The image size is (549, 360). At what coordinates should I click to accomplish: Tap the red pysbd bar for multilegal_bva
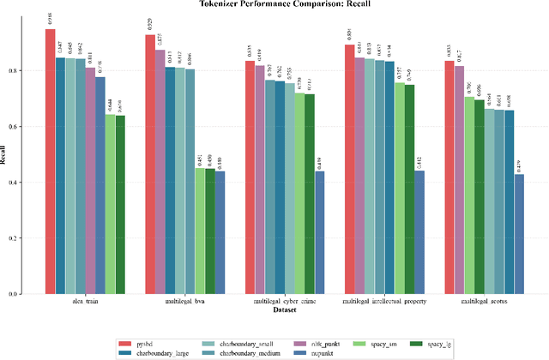click(150, 164)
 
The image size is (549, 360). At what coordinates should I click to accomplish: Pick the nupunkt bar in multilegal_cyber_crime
click(319, 232)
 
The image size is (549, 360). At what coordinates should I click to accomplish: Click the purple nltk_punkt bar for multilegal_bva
click(160, 171)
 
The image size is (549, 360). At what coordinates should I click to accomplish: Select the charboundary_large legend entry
click(170, 351)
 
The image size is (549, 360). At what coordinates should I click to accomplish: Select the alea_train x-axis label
click(85, 303)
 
